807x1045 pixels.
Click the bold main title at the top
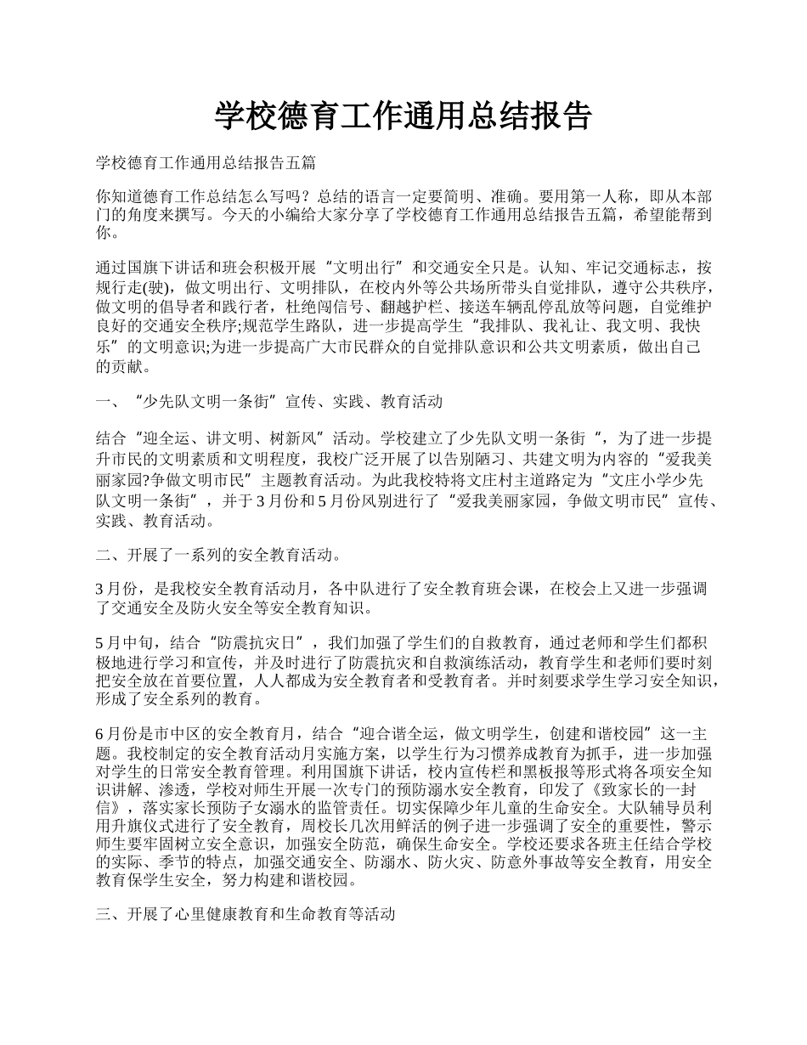coord(403,116)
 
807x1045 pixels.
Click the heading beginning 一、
coord(268,401)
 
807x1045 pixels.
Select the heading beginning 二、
coord(219,556)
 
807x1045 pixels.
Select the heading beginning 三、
coord(246,915)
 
